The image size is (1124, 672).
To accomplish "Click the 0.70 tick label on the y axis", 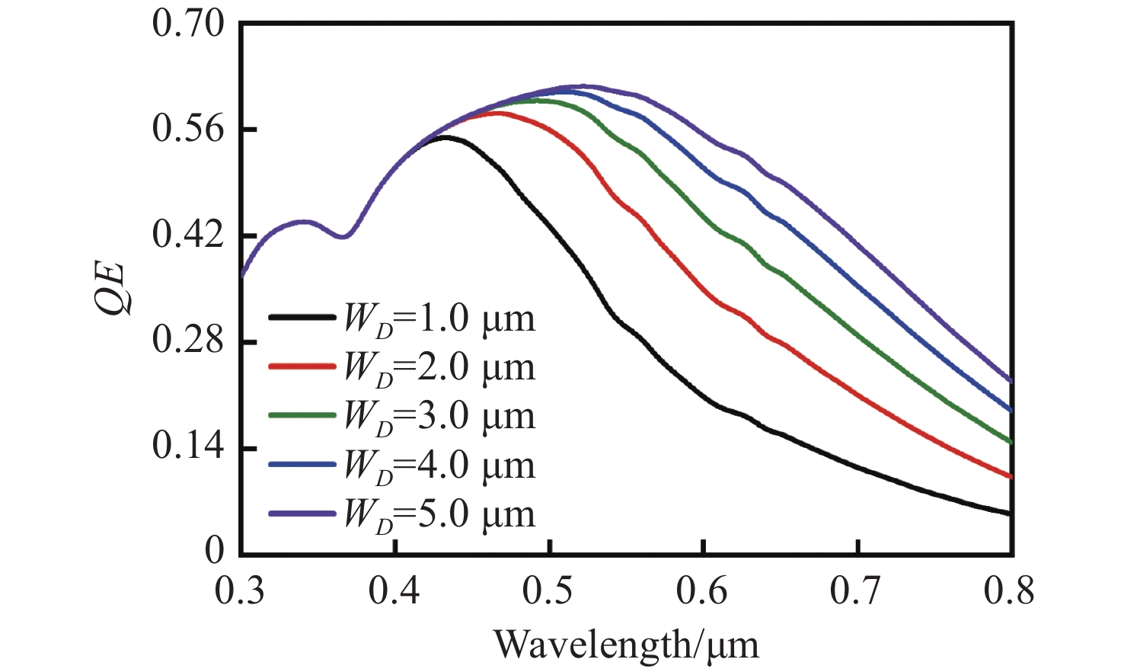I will coord(188,24).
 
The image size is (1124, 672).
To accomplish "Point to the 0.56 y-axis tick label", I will coord(188,129).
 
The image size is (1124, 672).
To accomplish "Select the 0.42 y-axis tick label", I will coord(188,235).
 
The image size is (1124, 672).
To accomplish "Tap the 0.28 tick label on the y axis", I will coord(188,341).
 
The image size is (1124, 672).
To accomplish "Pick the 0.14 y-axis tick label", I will coord(188,446).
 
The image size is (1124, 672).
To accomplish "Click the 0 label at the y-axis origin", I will coord(214,551).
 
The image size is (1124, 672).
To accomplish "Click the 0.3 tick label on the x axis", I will coord(240,592).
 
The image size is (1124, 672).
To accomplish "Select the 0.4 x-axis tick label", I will coord(394,592).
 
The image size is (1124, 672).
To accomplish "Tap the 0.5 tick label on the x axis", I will coord(549,592).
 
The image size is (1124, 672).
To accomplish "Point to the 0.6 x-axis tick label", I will coord(704,592).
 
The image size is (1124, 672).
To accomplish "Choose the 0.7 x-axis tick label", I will coord(857,592).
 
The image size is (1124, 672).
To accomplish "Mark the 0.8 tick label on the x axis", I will coord(1010,592).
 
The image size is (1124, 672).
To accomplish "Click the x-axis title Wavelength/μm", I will coord(626,645).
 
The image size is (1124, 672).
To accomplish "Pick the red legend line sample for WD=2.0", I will coord(302,366).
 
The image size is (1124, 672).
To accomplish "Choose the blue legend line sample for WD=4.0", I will coord(302,465).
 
